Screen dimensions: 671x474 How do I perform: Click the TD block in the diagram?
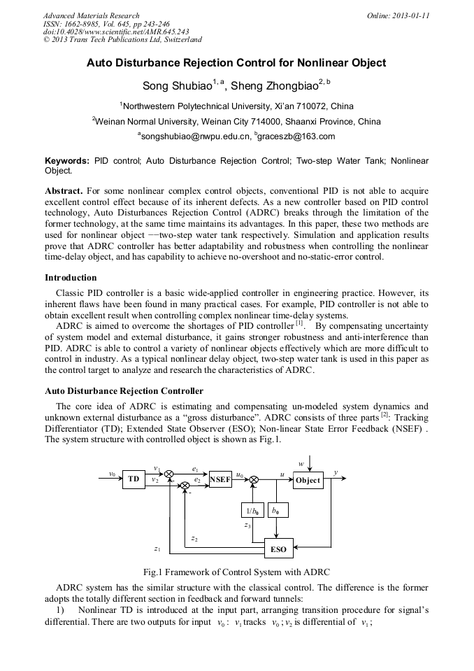(133, 480)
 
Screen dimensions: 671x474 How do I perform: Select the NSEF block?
(220, 480)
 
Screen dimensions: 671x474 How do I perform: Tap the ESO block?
(278, 549)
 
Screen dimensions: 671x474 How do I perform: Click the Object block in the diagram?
(307, 480)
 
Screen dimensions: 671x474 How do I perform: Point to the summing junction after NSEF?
(254, 479)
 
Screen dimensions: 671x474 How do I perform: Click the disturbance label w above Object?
(301, 463)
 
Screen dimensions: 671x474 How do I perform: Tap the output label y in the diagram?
(336, 474)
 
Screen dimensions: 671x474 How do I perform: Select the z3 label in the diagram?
(247, 525)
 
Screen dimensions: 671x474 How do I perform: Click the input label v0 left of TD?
(112, 474)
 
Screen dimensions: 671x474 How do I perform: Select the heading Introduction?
(71, 278)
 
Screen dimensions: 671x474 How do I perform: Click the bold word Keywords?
(67, 161)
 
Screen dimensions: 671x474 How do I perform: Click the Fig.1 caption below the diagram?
(236, 572)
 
